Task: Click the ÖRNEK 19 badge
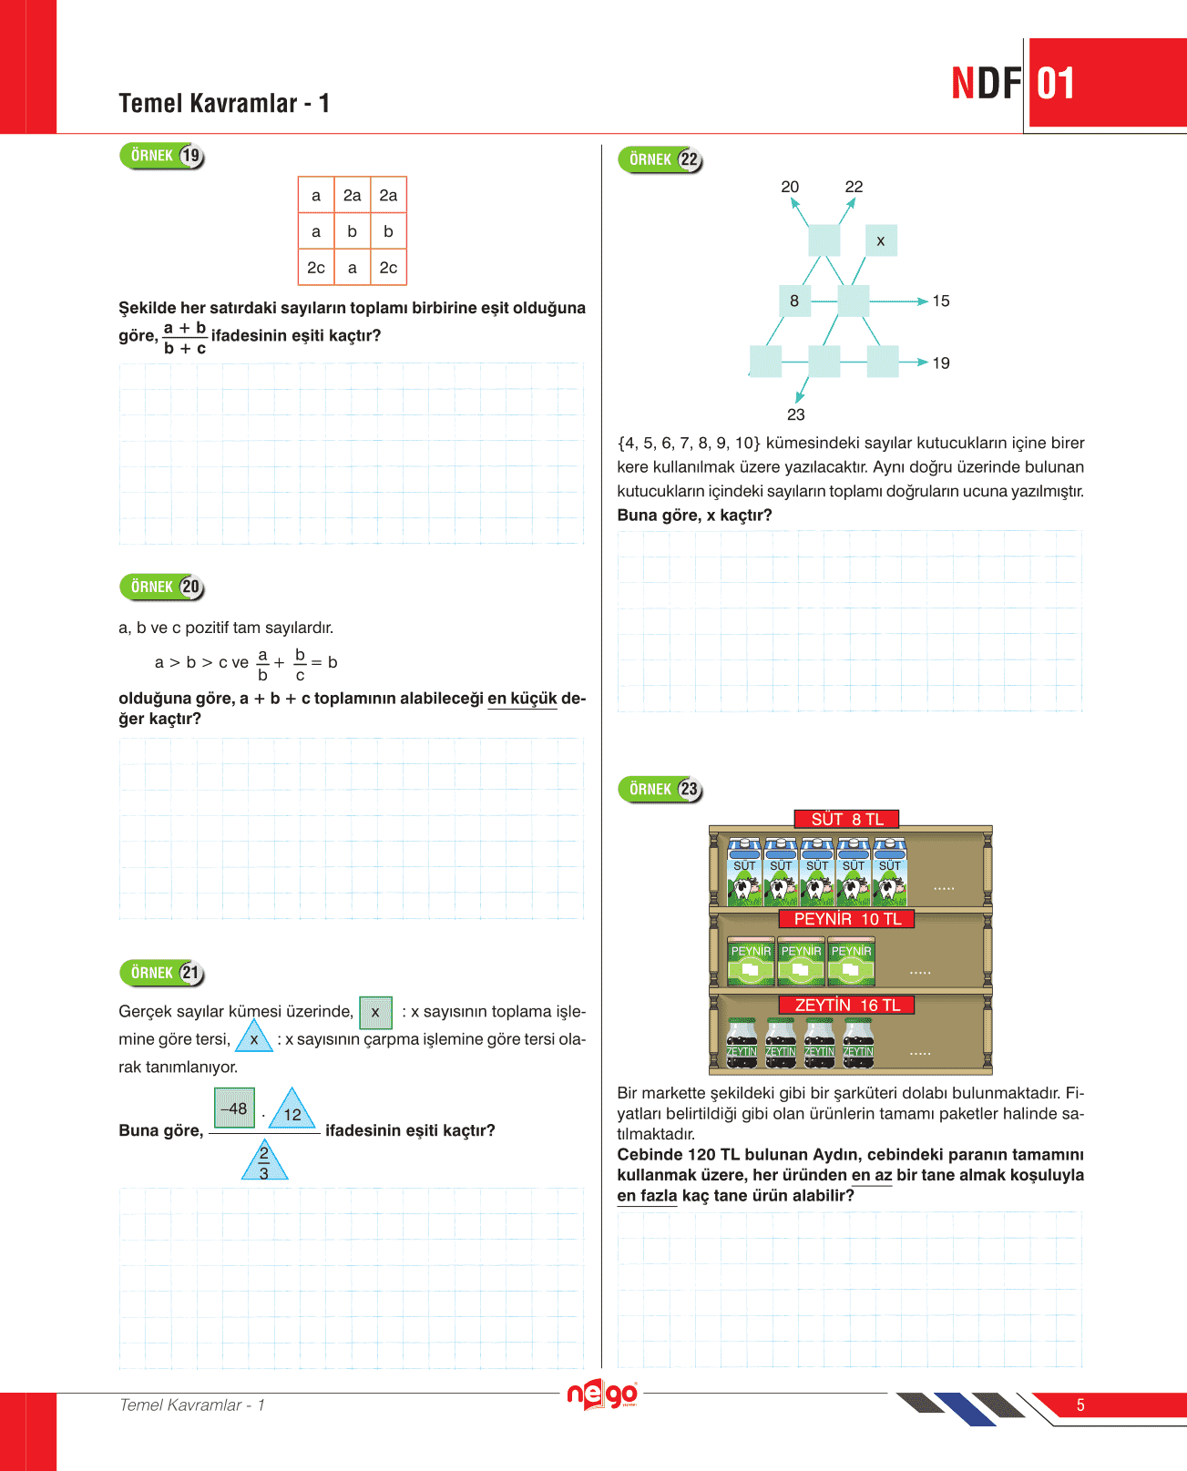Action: click(161, 156)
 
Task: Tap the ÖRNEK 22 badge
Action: click(660, 159)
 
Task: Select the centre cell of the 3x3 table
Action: click(352, 231)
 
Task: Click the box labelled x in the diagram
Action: click(880, 241)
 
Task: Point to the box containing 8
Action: click(794, 301)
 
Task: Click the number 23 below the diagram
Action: click(796, 414)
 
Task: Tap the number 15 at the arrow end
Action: click(941, 301)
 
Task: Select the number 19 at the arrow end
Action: click(941, 363)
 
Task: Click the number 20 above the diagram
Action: click(790, 187)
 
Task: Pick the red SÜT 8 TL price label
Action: click(847, 819)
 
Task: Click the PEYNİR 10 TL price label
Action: click(847, 919)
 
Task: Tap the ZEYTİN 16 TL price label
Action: click(847, 1005)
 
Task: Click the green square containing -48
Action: click(234, 1108)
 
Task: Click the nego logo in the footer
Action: click(601, 1395)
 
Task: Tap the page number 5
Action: click(1080, 1405)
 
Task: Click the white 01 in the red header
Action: click(1056, 84)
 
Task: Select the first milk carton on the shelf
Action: click(744, 873)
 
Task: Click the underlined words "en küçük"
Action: click(522, 699)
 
